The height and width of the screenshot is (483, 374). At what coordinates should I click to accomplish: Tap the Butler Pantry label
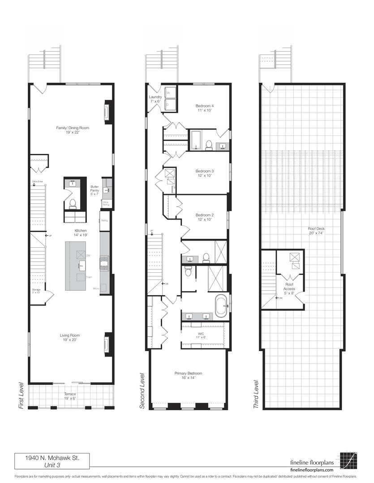[95, 188]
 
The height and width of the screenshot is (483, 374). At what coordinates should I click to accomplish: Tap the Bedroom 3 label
[204, 173]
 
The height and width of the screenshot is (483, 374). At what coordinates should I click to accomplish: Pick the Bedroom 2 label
[204, 217]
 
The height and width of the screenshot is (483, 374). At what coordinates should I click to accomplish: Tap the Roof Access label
[289, 286]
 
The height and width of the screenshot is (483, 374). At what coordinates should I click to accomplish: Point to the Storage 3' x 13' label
[36, 292]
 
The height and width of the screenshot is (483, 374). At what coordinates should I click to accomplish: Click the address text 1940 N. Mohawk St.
[52, 458]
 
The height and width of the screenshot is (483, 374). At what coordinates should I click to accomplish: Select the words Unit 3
[52, 465]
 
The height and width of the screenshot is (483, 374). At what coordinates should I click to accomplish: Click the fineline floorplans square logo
[348, 461]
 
